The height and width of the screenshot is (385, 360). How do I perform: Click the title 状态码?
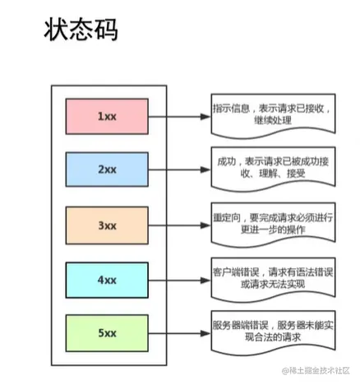click(x=80, y=30)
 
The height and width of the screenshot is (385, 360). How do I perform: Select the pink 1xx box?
click(x=107, y=116)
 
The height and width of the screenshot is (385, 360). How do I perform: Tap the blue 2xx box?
click(x=107, y=170)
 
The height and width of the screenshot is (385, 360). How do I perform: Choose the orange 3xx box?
click(x=107, y=225)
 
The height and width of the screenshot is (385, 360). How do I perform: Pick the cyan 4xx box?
click(x=107, y=279)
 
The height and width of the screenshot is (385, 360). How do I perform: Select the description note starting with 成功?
click(x=272, y=169)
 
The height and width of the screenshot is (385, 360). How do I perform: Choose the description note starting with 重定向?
click(x=272, y=223)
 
